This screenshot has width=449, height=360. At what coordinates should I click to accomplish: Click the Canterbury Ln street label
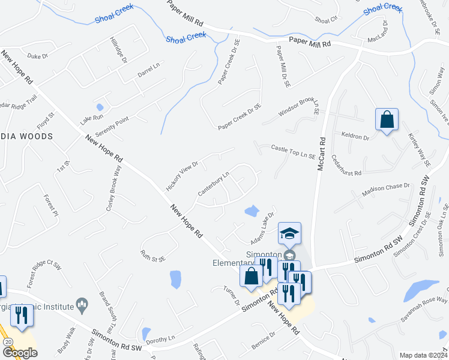pyautogui.click(x=214, y=184)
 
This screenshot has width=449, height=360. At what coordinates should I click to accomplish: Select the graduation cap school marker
pyautogui.click(x=289, y=234)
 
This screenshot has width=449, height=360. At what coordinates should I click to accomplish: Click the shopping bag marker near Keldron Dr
pyautogui.click(x=387, y=119)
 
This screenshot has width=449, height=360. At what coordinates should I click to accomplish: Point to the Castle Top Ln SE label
pyautogui.click(x=293, y=151)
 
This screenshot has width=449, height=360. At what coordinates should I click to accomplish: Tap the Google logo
pyautogui.click(x=20, y=353)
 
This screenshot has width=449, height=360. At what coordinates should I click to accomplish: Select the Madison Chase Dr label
pyautogui.click(x=385, y=190)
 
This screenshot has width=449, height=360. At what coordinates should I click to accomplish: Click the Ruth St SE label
pyautogui.click(x=153, y=256)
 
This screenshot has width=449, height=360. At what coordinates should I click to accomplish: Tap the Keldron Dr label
pyautogui.click(x=355, y=137)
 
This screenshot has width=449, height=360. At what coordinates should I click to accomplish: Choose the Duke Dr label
pyautogui.click(x=37, y=56)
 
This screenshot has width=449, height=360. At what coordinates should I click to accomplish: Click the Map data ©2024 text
pyautogui.click(x=423, y=355)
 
